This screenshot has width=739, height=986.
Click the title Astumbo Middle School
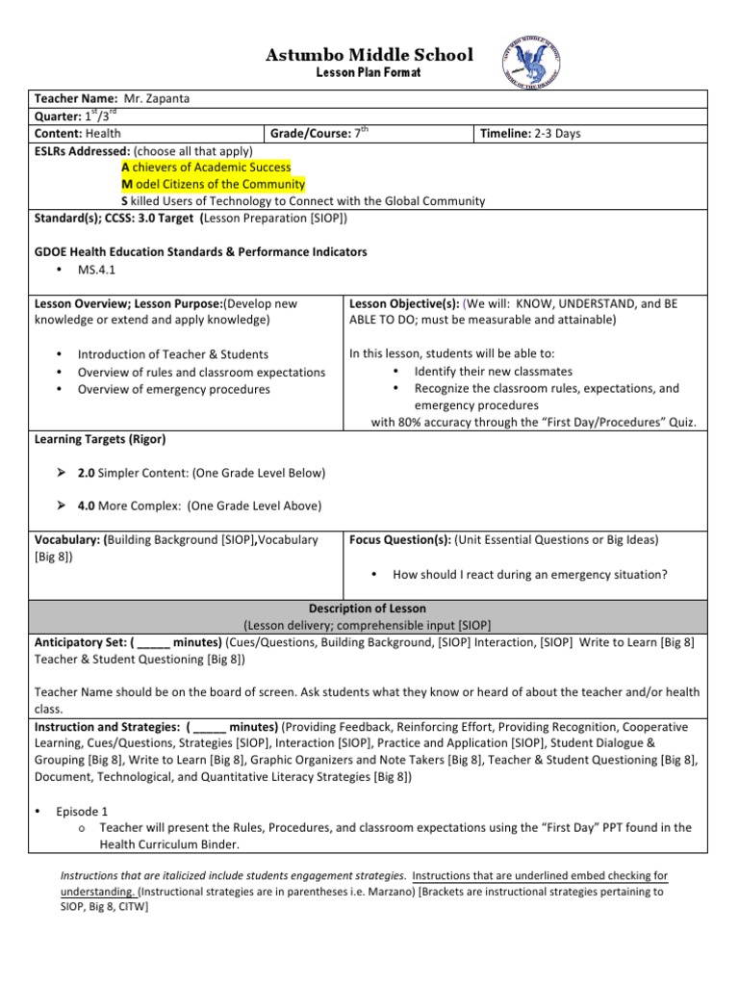pos(369,55)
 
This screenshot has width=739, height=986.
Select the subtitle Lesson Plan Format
pos(369,74)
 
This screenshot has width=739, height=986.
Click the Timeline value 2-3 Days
pos(558,134)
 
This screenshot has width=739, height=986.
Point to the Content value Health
pos(103,134)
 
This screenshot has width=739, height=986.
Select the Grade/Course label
pos(309,134)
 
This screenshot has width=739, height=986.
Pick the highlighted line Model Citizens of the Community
pos(213,184)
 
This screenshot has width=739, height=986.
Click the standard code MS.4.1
pos(96,269)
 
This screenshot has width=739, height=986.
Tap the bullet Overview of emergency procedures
pos(173,389)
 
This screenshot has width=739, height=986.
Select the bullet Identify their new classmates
pos(493,371)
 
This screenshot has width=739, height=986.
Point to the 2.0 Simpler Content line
pos(201,473)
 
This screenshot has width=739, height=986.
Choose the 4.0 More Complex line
pos(199,506)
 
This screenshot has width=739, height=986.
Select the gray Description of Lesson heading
pos(369,609)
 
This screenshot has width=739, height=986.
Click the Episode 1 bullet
pos(82,811)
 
